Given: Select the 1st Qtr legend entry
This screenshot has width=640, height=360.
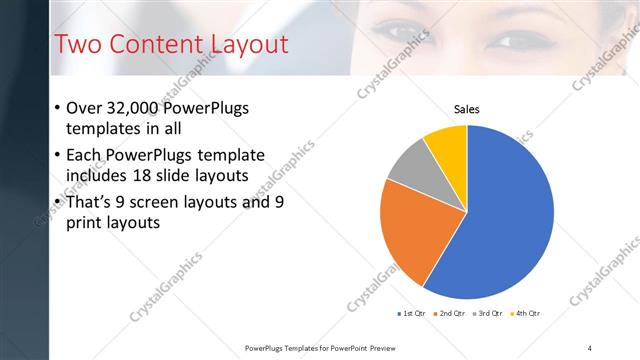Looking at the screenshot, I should [x=412, y=314].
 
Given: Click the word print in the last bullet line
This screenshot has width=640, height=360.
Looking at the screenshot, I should [x=84, y=223].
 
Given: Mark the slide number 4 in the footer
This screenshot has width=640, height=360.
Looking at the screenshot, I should [x=590, y=347].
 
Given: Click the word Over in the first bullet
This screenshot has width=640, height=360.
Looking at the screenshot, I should [x=85, y=108].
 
